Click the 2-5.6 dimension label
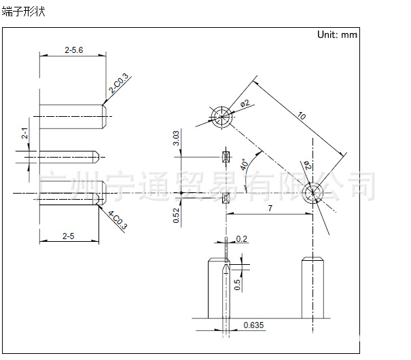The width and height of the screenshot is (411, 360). [x=74, y=50]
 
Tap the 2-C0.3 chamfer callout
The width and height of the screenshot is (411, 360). [x=119, y=83]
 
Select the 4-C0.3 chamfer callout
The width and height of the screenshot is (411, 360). [x=118, y=220]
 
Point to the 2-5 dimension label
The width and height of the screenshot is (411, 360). [x=69, y=236]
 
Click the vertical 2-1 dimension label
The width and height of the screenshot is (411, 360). [x=24, y=133]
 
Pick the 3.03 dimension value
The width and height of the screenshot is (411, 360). [x=176, y=138]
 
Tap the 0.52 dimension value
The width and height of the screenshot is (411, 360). [x=176, y=215]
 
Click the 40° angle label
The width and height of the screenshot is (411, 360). [x=245, y=164]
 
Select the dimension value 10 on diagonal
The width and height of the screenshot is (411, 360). [x=302, y=115]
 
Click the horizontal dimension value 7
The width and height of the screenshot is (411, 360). [x=270, y=208]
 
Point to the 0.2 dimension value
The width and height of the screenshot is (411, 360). [x=241, y=238]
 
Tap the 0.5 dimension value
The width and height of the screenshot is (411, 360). [x=237, y=285]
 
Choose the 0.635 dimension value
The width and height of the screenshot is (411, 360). [x=253, y=325]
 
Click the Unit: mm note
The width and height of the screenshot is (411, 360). [x=337, y=35]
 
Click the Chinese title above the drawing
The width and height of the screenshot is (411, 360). [x=24, y=12]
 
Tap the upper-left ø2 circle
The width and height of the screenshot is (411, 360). [x=221, y=107]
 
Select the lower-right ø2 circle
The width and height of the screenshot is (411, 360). [x=312, y=183]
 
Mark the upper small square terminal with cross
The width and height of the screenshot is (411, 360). [x=226, y=157]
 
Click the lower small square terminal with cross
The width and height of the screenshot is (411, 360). [x=226, y=198]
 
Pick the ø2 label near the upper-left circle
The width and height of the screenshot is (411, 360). [x=245, y=103]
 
